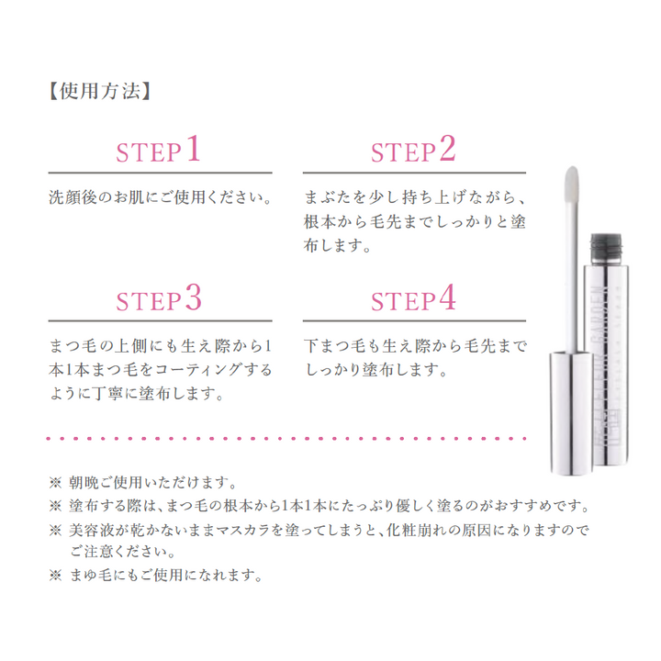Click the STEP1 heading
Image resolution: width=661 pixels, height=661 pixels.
[x=158, y=150]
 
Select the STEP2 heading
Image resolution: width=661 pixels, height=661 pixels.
[x=412, y=150]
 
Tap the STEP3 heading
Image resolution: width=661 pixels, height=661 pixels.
[x=158, y=298]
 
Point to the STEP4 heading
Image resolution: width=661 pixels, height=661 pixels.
[x=412, y=298]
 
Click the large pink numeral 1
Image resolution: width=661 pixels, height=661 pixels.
[x=192, y=148]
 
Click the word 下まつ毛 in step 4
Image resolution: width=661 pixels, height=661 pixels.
[x=335, y=347]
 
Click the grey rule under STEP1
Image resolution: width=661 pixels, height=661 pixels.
[x=160, y=173]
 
